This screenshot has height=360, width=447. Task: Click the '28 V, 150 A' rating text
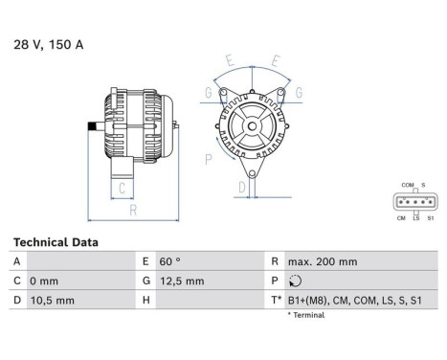click(48, 44)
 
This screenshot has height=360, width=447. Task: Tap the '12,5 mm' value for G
click(181, 281)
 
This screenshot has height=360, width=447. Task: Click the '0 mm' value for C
click(44, 281)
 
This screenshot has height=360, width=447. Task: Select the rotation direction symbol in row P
click(293, 281)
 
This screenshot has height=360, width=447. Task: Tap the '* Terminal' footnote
click(305, 315)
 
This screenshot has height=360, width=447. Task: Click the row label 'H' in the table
click(145, 301)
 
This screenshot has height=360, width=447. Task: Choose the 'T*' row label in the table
click(277, 301)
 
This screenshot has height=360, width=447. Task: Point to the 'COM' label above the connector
click(407, 185)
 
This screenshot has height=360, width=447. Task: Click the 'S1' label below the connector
click(430, 218)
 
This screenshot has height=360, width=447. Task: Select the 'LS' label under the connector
click(415, 218)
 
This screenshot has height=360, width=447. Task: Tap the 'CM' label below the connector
click(400, 218)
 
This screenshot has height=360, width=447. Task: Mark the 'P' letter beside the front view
click(209, 158)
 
